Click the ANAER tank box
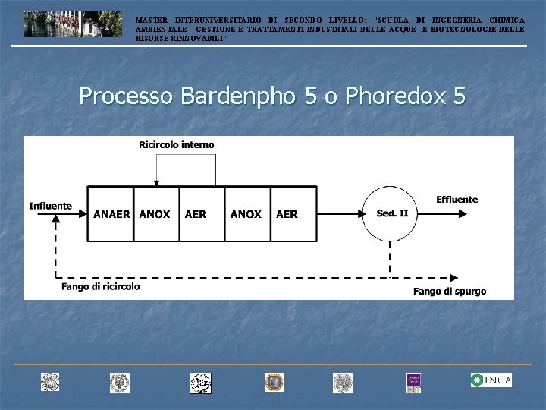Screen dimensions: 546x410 [111, 214]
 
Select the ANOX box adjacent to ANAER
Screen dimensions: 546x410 [155, 214]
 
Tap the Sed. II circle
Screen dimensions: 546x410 [392, 213]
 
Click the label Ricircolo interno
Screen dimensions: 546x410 [177, 144]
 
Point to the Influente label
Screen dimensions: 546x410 [51, 206]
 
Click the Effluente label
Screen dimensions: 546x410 [457, 200]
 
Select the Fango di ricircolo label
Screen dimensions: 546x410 [101, 286]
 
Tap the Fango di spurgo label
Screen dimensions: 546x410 [450, 291]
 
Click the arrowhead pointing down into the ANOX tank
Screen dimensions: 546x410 [155, 182]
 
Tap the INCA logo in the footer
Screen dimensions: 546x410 [491, 380]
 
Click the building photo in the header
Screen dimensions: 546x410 [72, 24]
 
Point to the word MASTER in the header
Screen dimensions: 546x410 [152, 20]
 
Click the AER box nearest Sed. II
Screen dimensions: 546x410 [287, 214]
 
